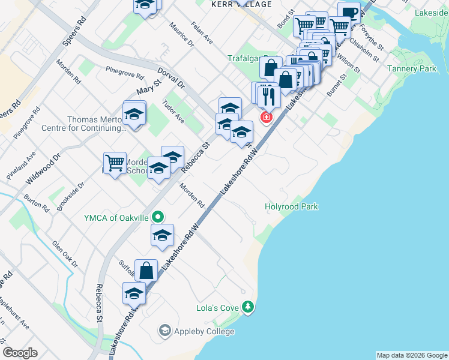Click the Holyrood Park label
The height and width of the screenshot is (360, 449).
291,207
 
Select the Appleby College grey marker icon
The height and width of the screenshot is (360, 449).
164,331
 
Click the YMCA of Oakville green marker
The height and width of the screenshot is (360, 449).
158,217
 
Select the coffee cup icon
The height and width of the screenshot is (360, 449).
349,13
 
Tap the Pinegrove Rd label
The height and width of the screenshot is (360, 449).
124,75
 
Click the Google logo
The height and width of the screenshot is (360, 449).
20,353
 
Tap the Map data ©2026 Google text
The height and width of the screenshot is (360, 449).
411,355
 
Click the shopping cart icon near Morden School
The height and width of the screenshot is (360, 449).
115,163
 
